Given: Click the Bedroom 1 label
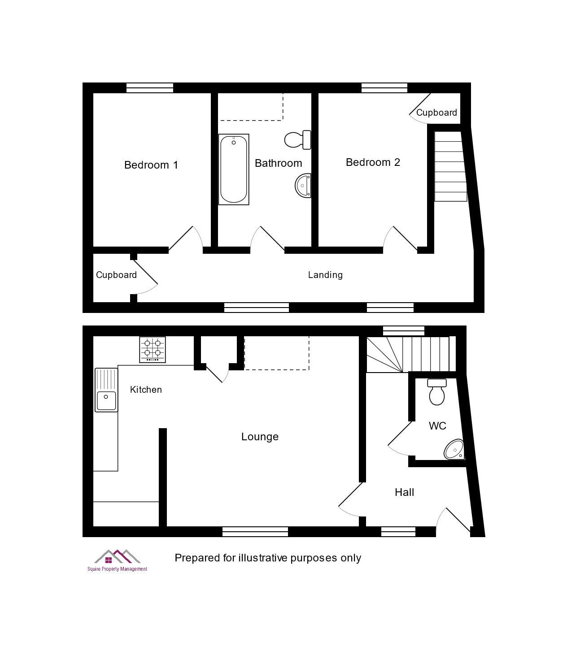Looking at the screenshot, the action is [x=151, y=165].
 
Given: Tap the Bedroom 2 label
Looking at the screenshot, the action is [x=373, y=162].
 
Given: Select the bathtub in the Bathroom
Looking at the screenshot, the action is [x=234, y=169].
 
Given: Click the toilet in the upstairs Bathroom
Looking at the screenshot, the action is [x=298, y=140].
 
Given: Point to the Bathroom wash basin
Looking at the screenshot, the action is [x=303, y=186].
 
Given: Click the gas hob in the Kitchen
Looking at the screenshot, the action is [x=153, y=350].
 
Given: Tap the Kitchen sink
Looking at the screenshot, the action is [x=106, y=390].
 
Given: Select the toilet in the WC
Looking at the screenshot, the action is [x=437, y=392].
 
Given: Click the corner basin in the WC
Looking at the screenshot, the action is [x=454, y=449].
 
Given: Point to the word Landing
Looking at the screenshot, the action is [x=325, y=275].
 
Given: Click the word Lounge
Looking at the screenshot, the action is [x=260, y=437].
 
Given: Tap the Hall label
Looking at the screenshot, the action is [x=404, y=492].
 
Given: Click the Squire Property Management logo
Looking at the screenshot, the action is [x=118, y=560].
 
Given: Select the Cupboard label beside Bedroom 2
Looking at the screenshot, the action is [x=436, y=113].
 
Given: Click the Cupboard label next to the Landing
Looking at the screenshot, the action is [x=116, y=275].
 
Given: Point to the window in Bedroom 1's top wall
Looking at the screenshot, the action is [x=150, y=88].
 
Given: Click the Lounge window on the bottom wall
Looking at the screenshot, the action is [x=255, y=531].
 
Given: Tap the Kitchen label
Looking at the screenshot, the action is [x=146, y=390].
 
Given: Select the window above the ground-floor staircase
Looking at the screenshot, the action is [x=403, y=331].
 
